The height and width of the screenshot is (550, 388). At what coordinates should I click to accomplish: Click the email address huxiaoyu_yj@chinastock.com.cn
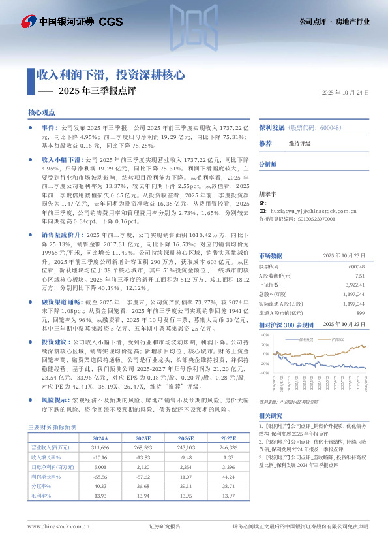(x=312, y=212)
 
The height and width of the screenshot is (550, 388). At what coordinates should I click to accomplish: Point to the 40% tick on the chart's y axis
(x=265, y=335)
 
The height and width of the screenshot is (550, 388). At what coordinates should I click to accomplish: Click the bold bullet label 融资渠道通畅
(x=62, y=284)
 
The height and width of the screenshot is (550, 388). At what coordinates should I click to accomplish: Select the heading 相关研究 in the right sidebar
(x=271, y=415)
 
